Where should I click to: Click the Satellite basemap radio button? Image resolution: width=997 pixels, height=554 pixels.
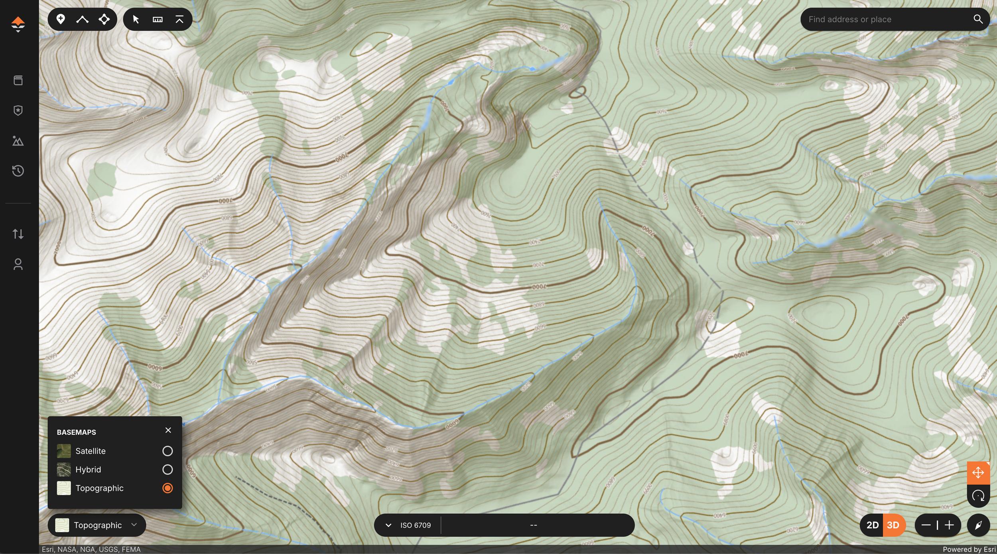[x=167, y=451]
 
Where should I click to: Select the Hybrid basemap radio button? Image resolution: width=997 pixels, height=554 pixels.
[x=167, y=470]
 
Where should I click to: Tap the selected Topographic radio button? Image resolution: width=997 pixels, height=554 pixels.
[x=167, y=488]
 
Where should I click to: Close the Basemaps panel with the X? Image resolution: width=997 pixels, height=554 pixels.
[x=168, y=430]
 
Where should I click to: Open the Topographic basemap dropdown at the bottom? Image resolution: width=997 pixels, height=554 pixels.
[x=97, y=525]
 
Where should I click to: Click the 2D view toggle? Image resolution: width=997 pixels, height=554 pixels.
[x=872, y=525]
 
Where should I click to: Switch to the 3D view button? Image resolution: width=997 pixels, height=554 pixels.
[x=893, y=525]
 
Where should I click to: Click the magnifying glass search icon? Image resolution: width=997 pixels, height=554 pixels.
[x=978, y=19]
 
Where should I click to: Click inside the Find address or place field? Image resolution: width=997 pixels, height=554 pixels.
[x=885, y=19]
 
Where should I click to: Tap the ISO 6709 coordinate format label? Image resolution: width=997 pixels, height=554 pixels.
[x=415, y=525]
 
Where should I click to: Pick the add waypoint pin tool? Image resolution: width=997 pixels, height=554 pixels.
[x=61, y=19]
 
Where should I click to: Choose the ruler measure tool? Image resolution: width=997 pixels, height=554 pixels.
[x=158, y=19]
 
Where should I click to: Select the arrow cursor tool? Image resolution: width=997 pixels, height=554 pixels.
[x=136, y=19]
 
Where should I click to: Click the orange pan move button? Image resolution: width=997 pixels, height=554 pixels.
[x=978, y=473]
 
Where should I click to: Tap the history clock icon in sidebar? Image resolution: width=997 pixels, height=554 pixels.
[x=18, y=171]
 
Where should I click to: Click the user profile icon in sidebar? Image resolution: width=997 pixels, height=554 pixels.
[x=18, y=264]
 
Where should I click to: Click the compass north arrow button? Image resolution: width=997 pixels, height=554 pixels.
[x=978, y=525]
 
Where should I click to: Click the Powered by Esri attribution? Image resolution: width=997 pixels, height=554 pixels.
[x=969, y=549]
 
